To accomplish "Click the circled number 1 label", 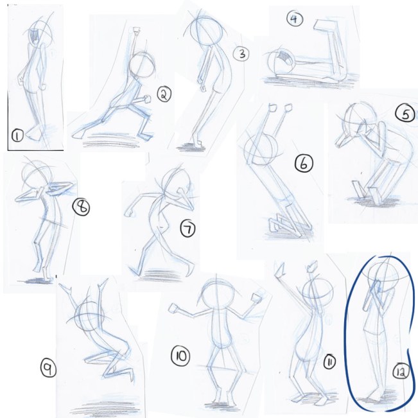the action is coord(17,136).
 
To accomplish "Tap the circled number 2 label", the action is coord(164,94).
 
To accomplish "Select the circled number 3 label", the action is coord(241,54).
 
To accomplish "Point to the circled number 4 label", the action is coord(295,19).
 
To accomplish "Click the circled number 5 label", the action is coord(405,113).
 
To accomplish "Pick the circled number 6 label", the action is coord(304,164).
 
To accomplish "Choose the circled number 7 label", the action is coord(188,229).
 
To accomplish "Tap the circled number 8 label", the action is coord(81,207).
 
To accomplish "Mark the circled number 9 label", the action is coord(48,369).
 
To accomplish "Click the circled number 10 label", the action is coord(180,356).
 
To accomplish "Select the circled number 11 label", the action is coord(329,362).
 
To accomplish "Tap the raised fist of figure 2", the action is coord(136,30).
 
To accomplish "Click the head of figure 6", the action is coord(261,150).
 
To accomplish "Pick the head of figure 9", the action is coord(89,317).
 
